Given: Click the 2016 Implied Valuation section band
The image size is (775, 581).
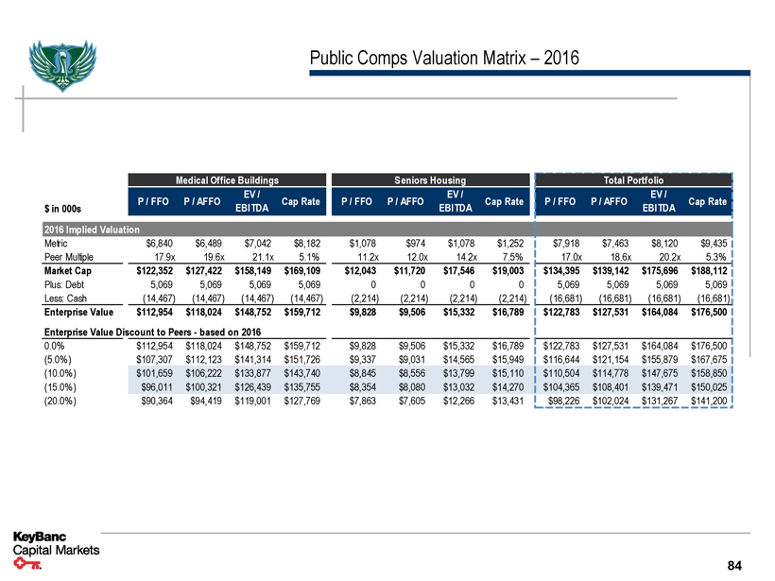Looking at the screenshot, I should [x=93, y=230].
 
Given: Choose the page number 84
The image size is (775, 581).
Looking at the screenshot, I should [x=735, y=565].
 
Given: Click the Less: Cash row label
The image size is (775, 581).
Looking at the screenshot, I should [x=66, y=294].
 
